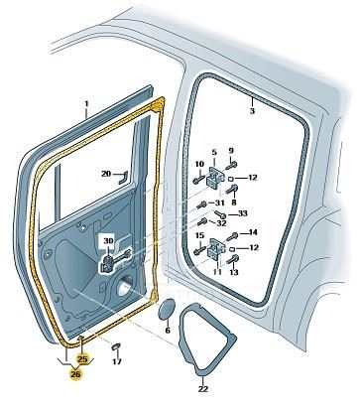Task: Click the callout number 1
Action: click(x=86, y=103)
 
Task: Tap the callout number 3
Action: click(x=252, y=111)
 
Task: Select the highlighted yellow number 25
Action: click(x=82, y=359)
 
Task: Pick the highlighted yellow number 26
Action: click(x=75, y=374)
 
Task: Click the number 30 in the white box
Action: click(x=108, y=240)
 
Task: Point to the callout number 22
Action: click(x=203, y=389)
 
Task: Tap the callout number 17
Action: click(x=117, y=361)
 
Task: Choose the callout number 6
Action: click(x=168, y=330)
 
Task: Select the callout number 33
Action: click(x=242, y=213)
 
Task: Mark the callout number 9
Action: click(x=231, y=151)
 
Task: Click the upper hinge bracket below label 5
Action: click(x=215, y=179)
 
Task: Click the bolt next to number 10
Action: click(x=199, y=180)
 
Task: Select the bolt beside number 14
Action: click(x=232, y=236)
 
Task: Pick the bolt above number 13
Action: click(x=233, y=259)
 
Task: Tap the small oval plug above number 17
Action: click(x=116, y=346)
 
